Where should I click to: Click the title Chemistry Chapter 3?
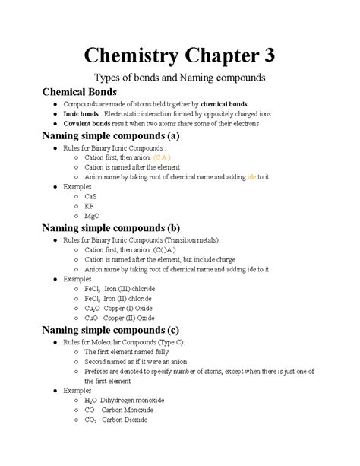pos(179,55)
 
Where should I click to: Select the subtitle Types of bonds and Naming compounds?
pos(179,78)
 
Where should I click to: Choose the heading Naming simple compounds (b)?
pos(111,227)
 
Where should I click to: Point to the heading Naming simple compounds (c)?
pos(111,330)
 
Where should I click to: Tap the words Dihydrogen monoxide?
pos(139,400)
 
